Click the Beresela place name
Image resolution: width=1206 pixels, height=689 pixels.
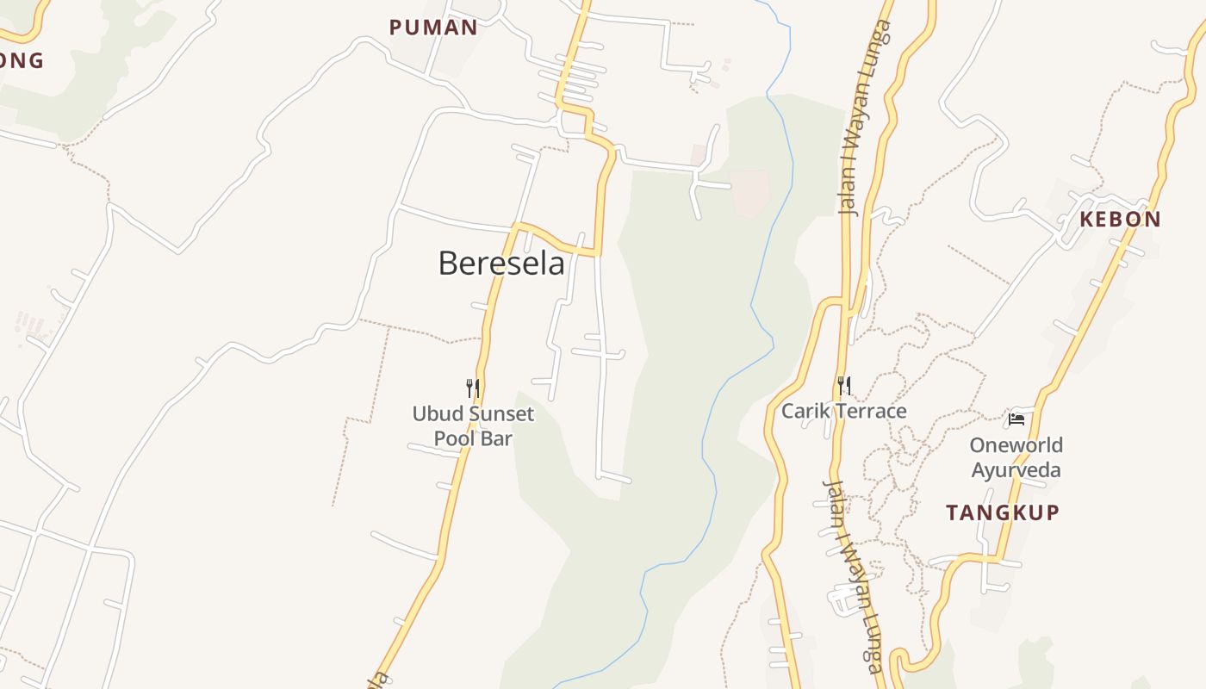point(501,263)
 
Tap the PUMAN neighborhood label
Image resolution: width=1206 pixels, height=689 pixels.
point(433,28)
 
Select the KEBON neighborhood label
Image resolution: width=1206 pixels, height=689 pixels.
point(1120,219)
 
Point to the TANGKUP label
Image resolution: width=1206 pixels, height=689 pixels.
point(1003,512)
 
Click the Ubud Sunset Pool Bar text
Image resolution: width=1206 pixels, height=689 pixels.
point(473,425)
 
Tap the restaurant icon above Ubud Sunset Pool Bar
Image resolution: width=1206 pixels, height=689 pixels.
point(472,388)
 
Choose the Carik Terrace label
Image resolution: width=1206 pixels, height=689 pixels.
point(843,411)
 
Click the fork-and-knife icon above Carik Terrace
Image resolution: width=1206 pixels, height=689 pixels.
point(844,385)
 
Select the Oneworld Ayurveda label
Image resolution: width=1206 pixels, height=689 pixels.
point(1016,457)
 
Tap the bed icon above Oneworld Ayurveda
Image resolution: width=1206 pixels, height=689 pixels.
point(1016,419)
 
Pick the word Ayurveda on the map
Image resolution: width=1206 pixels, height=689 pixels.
point(1016,469)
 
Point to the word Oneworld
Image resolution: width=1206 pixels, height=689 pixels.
point(1016,445)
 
